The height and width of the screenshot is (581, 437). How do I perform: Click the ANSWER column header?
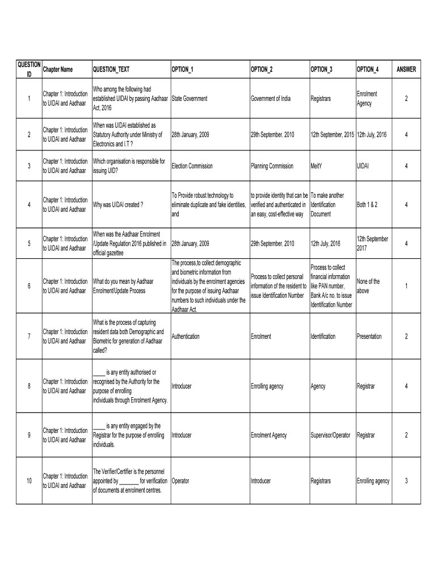tap(406, 70)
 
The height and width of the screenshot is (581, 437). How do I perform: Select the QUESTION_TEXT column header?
tap(111, 70)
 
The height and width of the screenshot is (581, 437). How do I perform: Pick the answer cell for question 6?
tap(406, 286)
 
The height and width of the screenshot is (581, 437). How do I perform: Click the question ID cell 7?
tap(28, 336)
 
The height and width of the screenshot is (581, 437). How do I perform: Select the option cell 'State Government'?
tap(189, 99)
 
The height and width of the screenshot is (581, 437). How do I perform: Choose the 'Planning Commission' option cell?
tap(272, 166)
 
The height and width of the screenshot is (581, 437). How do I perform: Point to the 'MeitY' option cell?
tap(318, 166)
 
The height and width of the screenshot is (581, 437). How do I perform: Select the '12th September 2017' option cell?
tap(372, 243)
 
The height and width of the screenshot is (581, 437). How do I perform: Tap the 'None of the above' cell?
tap(368, 286)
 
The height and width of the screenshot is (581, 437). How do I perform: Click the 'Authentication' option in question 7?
tap(185, 336)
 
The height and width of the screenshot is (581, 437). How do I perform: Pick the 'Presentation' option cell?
tap(369, 336)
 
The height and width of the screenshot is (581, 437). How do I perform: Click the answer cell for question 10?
tap(406, 481)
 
